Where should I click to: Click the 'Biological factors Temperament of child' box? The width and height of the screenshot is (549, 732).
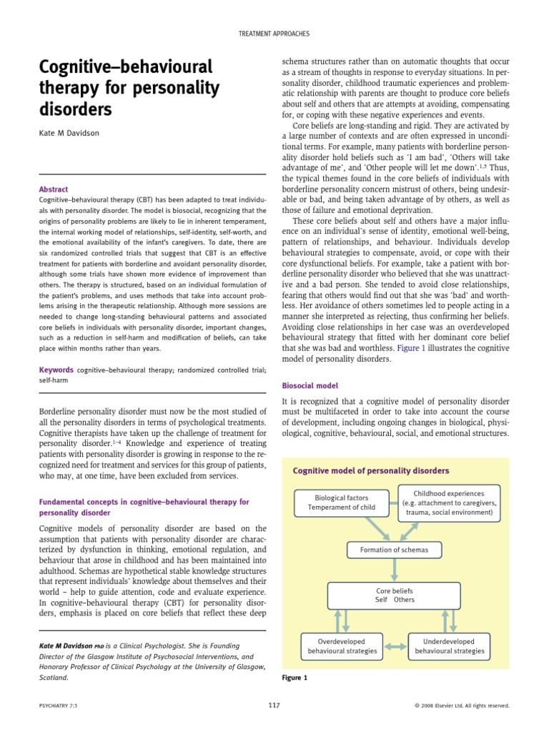click(341, 502)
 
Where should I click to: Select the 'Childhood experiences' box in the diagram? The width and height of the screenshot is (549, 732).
click(448, 503)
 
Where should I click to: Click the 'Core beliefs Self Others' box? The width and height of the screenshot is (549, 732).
click(395, 595)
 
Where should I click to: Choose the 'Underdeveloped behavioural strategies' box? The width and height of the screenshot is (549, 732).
click(449, 646)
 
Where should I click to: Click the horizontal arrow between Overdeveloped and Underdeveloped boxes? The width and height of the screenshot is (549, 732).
click(392, 647)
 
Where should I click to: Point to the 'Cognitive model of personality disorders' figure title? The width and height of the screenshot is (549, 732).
click(371, 470)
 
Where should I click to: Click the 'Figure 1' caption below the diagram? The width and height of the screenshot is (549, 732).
click(294, 678)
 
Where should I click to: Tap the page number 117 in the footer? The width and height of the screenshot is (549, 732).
click(274, 705)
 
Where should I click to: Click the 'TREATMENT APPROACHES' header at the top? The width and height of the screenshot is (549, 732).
click(274, 34)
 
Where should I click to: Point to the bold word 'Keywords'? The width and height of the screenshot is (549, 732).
click(56, 370)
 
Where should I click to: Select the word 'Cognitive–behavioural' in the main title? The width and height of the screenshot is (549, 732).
click(125, 69)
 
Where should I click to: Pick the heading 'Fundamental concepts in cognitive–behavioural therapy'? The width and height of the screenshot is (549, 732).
click(143, 502)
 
